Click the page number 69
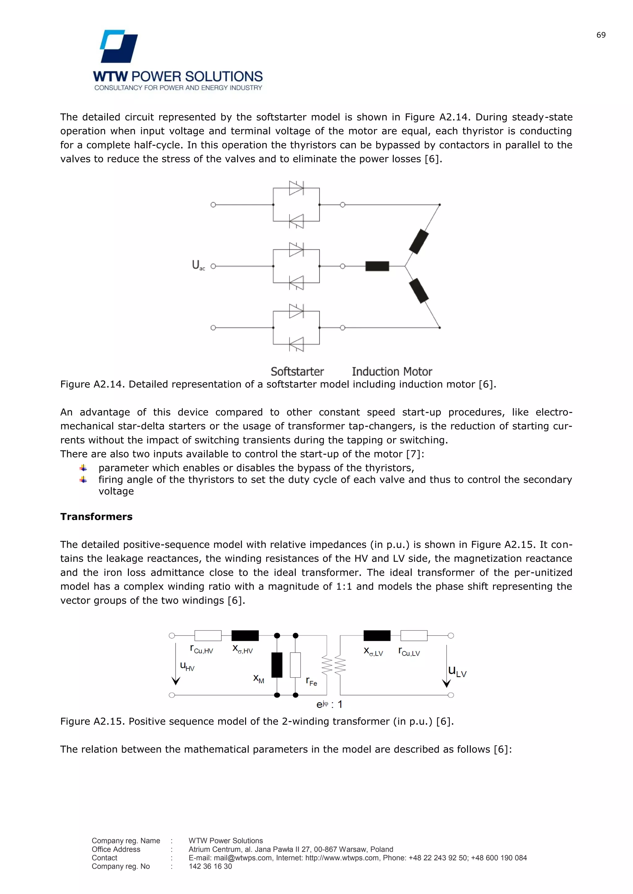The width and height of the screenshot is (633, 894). [601, 35]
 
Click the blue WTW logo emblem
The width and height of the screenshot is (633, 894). [119, 46]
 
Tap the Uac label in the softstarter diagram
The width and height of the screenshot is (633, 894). [198, 265]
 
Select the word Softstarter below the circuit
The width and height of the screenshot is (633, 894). [297, 371]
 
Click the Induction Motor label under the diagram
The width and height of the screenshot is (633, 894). [392, 371]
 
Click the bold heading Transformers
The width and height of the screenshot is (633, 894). [96, 516]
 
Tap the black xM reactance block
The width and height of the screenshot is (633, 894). [277, 665]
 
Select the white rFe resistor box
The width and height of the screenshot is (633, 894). [295, 665]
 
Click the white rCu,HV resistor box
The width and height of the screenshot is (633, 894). [208, 635]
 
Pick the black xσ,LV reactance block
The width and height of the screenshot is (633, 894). [376, 635]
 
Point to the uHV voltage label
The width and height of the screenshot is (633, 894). [187, 666]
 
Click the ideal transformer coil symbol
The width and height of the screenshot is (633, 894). [333, 665]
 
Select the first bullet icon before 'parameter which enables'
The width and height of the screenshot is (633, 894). [83, 468]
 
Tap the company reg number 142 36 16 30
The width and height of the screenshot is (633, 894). [210, 866]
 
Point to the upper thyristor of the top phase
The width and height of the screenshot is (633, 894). [296, 188]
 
